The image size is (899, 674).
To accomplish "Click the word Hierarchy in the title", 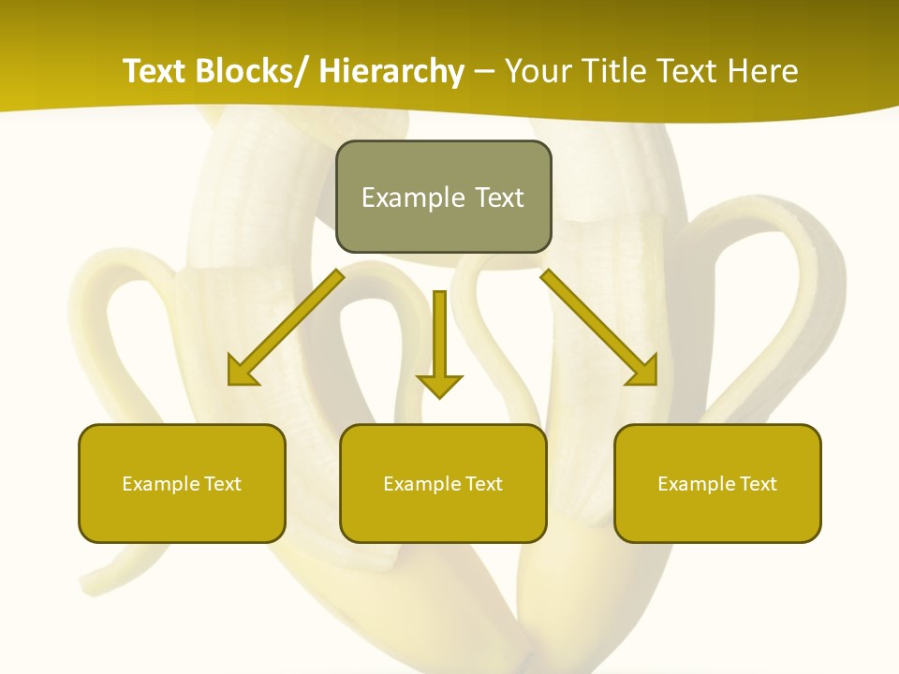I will click(x=391, y=71).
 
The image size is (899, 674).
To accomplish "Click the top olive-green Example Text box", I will click(x=443, y=197).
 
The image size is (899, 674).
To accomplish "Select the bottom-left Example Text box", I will click(x=182, y=483).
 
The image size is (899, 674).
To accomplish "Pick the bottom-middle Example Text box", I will click(x=443, y=483).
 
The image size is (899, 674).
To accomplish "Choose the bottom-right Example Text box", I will click(x=717, y=483).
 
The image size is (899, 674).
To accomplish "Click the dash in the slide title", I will click(x=484, y=73).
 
